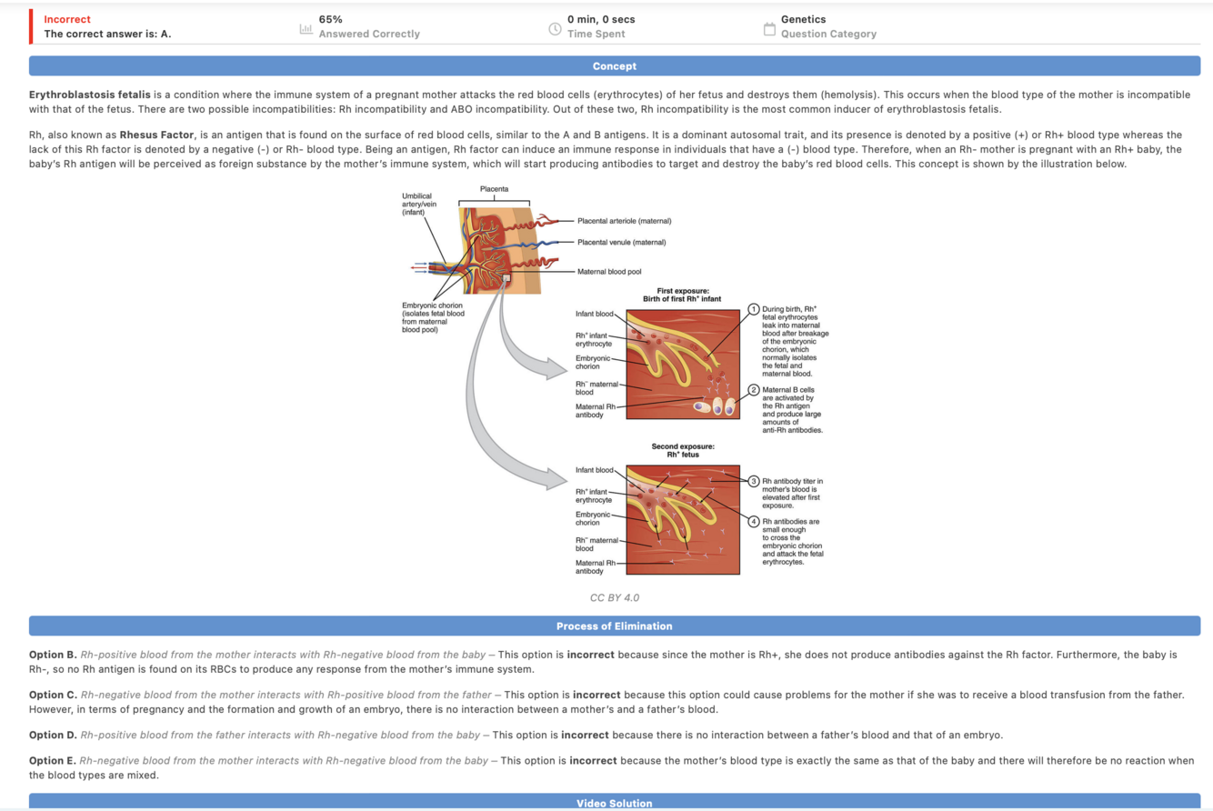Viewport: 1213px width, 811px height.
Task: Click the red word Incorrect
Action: (x=67, y=19)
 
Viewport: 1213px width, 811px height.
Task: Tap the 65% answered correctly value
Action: (x=331, y=19)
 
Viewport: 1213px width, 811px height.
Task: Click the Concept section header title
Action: (x=614, y=66)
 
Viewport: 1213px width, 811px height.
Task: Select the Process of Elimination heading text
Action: (x=614, y=626)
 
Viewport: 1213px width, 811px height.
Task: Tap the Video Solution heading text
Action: (x=614, y=803)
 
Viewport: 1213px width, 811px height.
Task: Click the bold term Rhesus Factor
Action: (x=157, y=135)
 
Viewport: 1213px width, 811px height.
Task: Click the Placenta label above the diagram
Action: (x=495, y=188)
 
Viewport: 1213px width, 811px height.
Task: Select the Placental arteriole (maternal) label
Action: (x=623, y=221)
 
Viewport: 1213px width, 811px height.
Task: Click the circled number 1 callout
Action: (x=753, y=309)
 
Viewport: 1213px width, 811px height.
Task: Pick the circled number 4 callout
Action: (x=753, y=520)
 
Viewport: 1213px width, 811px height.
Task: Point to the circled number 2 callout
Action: (x=753, y=389)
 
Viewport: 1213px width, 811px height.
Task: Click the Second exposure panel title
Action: (x=682, y=451)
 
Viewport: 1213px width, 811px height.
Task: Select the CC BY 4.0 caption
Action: (x=614, y=597)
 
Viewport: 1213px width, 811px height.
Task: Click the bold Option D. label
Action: (x=53, y=734)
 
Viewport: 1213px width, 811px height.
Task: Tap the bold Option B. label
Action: (x=53, y=654)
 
